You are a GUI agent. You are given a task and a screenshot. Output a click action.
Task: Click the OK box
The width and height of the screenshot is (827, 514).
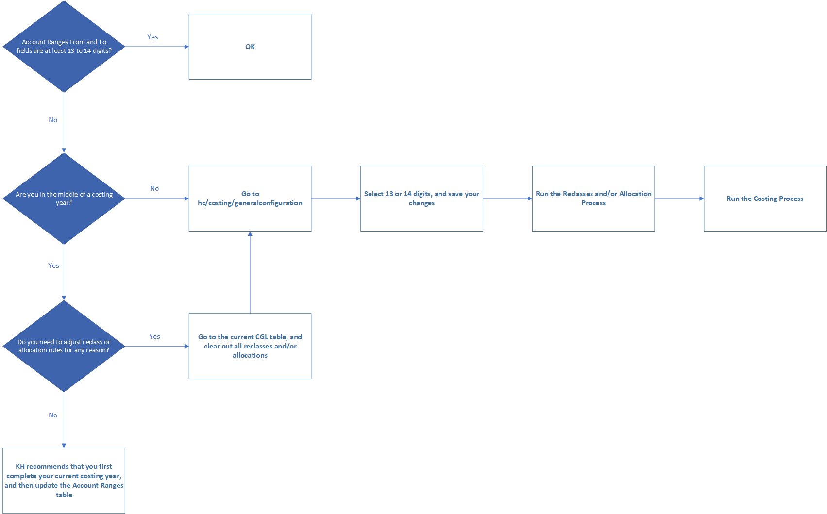[250, 47]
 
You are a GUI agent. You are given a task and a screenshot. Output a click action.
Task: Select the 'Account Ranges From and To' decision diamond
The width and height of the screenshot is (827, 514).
[64, 47]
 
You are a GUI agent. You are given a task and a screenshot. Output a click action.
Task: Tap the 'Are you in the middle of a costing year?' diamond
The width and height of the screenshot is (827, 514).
[64, 199]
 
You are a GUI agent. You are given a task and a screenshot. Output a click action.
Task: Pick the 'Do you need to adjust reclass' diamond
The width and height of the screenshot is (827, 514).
[64, 346]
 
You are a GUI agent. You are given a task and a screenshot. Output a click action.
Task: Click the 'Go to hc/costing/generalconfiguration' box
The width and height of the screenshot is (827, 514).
[250, 199]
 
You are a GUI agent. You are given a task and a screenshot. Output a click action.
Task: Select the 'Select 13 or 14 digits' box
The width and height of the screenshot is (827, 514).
[422, 199]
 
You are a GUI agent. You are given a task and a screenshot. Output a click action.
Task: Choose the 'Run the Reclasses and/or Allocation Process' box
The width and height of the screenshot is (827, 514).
[593, 199]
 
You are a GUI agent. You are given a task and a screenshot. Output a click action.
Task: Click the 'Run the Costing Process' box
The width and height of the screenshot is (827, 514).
[765, 199]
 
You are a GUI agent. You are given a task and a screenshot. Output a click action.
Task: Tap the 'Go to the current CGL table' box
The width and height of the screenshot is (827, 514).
[250, 346]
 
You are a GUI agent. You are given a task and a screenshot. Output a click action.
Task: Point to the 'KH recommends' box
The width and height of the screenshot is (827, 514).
[64, 481]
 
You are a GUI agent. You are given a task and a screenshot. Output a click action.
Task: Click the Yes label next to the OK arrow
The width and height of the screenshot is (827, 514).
[152, 37]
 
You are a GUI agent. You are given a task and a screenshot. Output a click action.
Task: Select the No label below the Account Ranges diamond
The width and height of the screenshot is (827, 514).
[53, 120]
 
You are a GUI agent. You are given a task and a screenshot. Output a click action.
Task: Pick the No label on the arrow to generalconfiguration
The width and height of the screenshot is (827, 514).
[154, 188]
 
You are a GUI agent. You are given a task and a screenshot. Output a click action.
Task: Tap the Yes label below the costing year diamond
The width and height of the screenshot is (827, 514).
[53, 265]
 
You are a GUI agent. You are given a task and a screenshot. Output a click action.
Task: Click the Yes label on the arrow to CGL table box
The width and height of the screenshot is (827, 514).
[154, 336]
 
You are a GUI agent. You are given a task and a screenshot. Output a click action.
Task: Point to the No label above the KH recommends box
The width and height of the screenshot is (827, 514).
[53, 415]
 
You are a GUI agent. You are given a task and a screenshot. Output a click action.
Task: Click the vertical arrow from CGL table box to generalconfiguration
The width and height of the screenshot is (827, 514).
[250, 272]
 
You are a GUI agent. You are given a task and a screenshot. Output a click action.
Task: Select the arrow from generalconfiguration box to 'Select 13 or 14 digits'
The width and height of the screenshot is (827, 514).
[336, 199]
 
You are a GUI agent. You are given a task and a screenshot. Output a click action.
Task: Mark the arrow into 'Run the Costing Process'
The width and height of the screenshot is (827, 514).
[679, 199]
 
